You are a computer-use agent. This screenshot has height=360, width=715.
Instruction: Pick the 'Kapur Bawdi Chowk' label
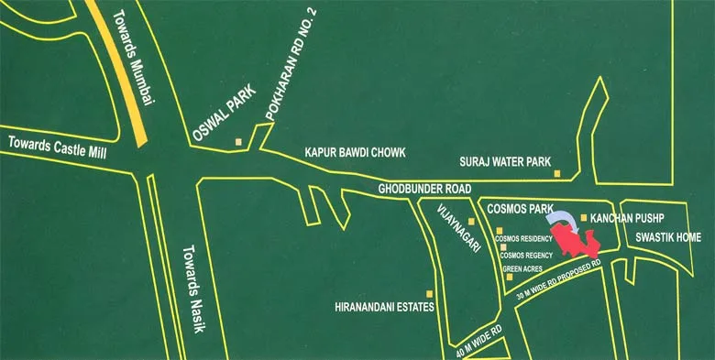(354, 153)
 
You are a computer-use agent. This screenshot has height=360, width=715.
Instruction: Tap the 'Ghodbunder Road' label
(424, 190)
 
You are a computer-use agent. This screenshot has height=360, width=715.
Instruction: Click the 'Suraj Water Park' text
(504, 162)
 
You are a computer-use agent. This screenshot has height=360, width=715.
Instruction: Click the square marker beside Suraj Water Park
(556, 171)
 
